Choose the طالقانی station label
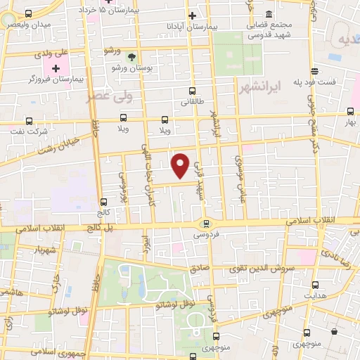pos(193,101)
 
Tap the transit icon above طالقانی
pos(193,91)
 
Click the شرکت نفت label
pos(30,131)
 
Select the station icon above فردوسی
pos(205,224)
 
